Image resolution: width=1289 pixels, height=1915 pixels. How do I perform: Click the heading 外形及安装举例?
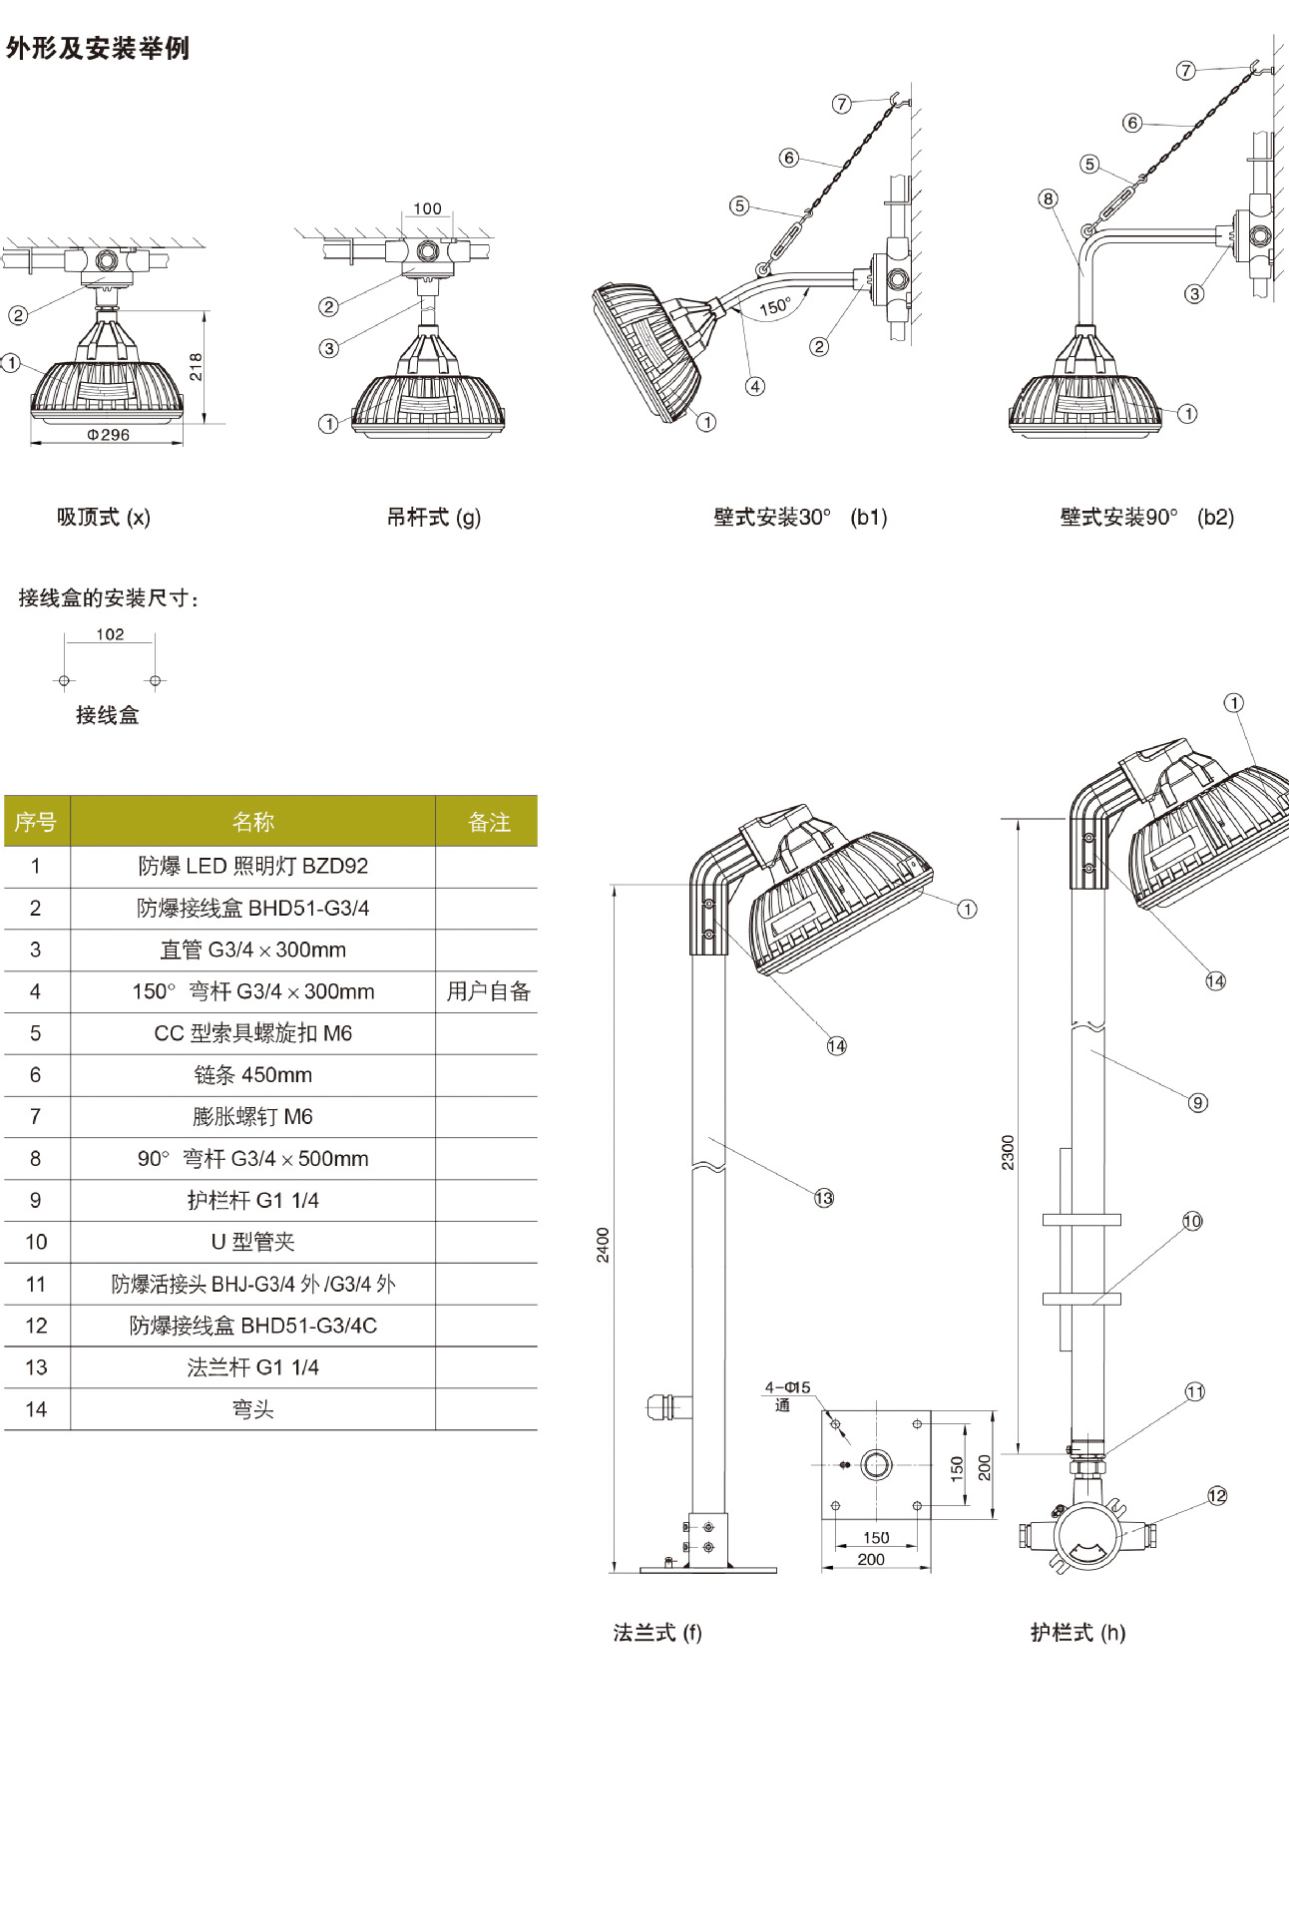pos(98,48)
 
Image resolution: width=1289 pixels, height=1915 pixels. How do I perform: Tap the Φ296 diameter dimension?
pos(108,435)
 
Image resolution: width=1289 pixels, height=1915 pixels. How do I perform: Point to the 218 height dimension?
pos(196,366)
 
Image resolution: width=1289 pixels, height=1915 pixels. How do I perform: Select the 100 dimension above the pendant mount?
pos(427,208)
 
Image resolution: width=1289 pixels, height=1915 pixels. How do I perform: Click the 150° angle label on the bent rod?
pos(774,306)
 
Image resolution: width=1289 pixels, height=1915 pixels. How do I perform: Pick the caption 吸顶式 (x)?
pos(104,517)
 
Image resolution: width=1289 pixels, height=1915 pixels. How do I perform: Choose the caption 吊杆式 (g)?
pos(434,517)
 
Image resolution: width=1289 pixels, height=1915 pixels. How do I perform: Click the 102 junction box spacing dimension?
pos(110,634)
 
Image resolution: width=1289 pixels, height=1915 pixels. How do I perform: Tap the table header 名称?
pos(252,822)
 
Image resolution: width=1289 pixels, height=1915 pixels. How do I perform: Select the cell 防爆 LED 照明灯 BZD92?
pos(253,866)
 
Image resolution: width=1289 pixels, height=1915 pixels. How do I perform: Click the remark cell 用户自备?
pos(488,991)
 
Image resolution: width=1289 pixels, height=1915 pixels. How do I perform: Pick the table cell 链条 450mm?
pos(253,1075)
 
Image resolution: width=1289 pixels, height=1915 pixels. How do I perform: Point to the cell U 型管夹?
pos(253,1242)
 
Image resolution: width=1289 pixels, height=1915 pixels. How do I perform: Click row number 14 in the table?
pos(36,1409)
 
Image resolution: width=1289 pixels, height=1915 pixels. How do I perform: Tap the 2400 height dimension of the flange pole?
pos(603,1245)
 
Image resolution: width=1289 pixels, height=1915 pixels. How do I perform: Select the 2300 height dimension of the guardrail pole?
pos(1008,1152)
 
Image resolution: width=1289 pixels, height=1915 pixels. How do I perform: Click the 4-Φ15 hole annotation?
pos(788,1387)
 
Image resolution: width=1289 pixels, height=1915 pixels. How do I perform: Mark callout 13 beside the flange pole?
pos(823,1198)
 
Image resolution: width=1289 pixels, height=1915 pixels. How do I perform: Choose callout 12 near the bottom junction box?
pos(1217,1496)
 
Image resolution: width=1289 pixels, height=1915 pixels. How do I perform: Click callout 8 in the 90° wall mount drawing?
pos(1048,198)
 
